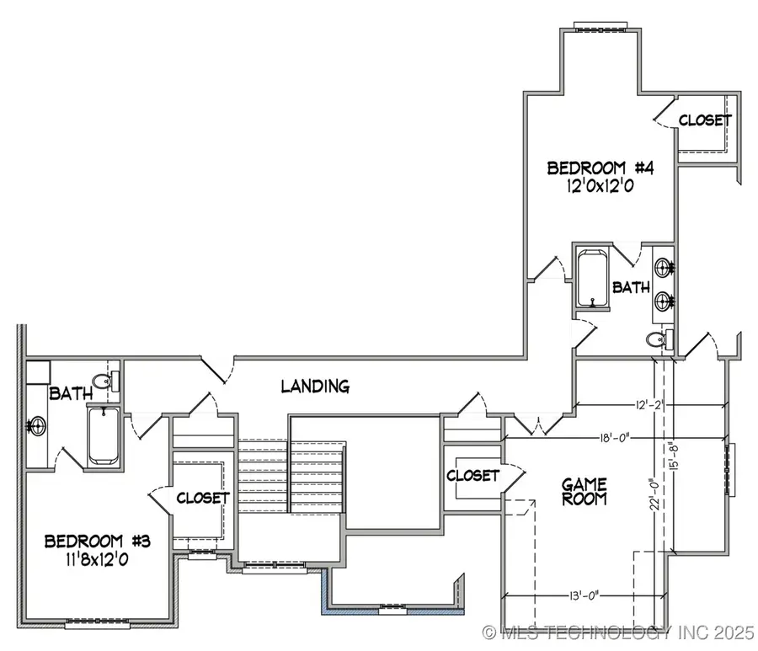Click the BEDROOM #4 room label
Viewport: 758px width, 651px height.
pos(601,168)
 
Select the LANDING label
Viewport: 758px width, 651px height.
pos(315,387)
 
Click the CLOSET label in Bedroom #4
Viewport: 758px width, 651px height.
pos(705,120)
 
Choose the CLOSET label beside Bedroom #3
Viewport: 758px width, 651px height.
pos(203,498)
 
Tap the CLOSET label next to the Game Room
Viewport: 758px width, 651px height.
pos(472,475)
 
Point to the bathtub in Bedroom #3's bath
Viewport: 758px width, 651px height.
pos(104,435)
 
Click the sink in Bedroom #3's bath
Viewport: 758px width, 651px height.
pos(36,426)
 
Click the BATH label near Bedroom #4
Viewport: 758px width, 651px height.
pos(631,287)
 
